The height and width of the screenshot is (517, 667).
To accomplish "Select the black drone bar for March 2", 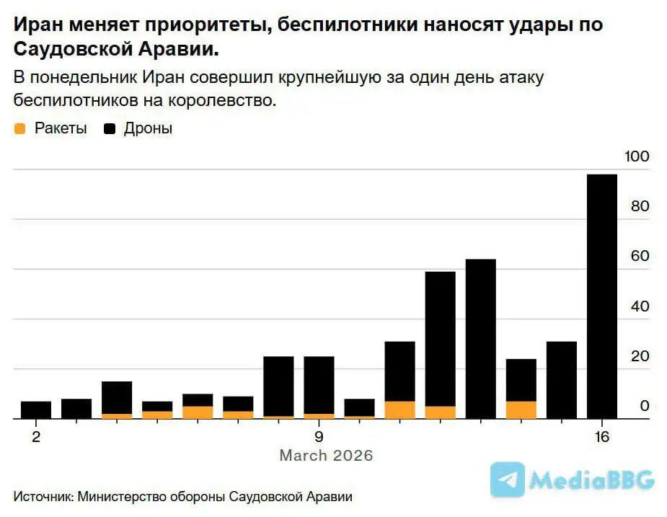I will coord(36,410).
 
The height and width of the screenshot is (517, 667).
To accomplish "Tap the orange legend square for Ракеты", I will coord(20,129).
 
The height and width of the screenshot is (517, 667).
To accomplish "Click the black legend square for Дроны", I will coord(110,129).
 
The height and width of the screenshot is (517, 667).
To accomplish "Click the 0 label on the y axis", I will coord(645,406).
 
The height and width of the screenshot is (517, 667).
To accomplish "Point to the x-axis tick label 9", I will coord(318,437).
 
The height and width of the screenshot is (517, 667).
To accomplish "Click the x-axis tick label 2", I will coord(36,437).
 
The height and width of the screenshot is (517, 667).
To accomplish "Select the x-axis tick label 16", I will coord(601,437).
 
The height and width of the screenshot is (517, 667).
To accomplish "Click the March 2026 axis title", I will coord(326,456).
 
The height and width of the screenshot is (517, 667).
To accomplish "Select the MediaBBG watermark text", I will coord(591,480).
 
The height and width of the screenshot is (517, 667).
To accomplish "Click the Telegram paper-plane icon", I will coord(508,480).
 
